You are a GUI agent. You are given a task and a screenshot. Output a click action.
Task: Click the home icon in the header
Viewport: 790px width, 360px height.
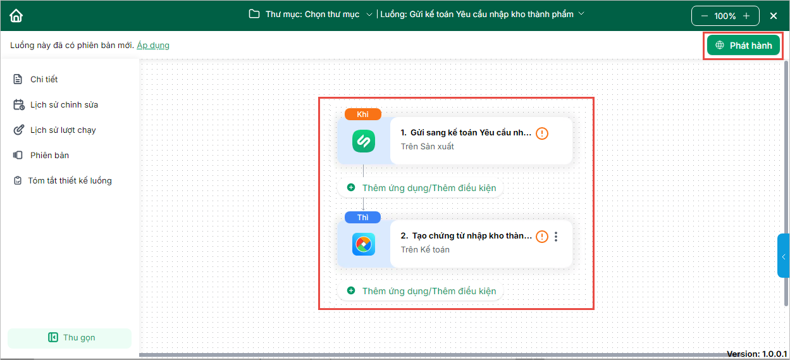click(16, 16)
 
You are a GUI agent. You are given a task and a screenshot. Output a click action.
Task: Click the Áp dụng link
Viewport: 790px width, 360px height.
click(153, 45)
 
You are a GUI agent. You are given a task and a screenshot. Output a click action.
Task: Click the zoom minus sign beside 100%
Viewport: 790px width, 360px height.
click(704, 16)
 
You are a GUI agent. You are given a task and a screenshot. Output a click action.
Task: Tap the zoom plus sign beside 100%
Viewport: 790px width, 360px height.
click(746, 16)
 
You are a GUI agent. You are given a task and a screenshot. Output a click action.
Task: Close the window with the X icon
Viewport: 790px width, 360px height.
click(774, 16)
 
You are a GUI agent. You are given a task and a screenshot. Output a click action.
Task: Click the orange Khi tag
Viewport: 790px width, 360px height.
click(362, 114)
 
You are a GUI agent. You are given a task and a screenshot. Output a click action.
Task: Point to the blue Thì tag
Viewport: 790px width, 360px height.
click(362, 217)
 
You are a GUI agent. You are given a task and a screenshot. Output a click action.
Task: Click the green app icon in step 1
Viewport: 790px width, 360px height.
click(364, 141)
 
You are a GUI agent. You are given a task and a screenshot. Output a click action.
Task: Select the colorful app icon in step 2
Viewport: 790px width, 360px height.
click(364, 244)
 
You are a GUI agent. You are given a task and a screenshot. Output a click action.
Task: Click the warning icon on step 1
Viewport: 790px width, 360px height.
click(542, 133)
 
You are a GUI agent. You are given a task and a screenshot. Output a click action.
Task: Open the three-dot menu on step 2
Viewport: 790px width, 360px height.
click(556, 237)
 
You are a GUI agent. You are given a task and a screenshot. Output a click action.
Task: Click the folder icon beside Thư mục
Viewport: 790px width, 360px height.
click(254, 14)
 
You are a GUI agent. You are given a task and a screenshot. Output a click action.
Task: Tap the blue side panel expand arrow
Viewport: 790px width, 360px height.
click(783, 257)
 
